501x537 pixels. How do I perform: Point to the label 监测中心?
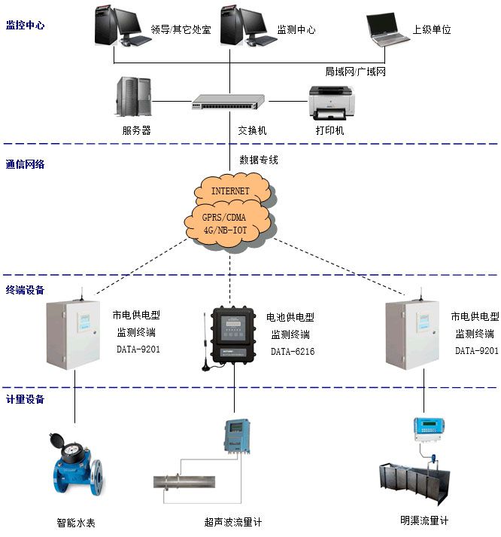pos(296,30)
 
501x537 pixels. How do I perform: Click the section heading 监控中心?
pos(25,25)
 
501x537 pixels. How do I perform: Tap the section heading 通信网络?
pos(25,163)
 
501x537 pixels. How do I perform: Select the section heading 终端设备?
pos(25,290)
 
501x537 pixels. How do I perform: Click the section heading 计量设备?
pos(25,398)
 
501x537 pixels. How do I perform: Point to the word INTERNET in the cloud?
pos(229,191)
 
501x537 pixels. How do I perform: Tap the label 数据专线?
pos(259,160)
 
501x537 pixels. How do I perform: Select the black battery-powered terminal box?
pos(235,331)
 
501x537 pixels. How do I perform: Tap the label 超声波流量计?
pos(232,521)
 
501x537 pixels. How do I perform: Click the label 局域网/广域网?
pos(355,71)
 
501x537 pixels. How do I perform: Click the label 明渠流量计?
pos(424,520)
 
